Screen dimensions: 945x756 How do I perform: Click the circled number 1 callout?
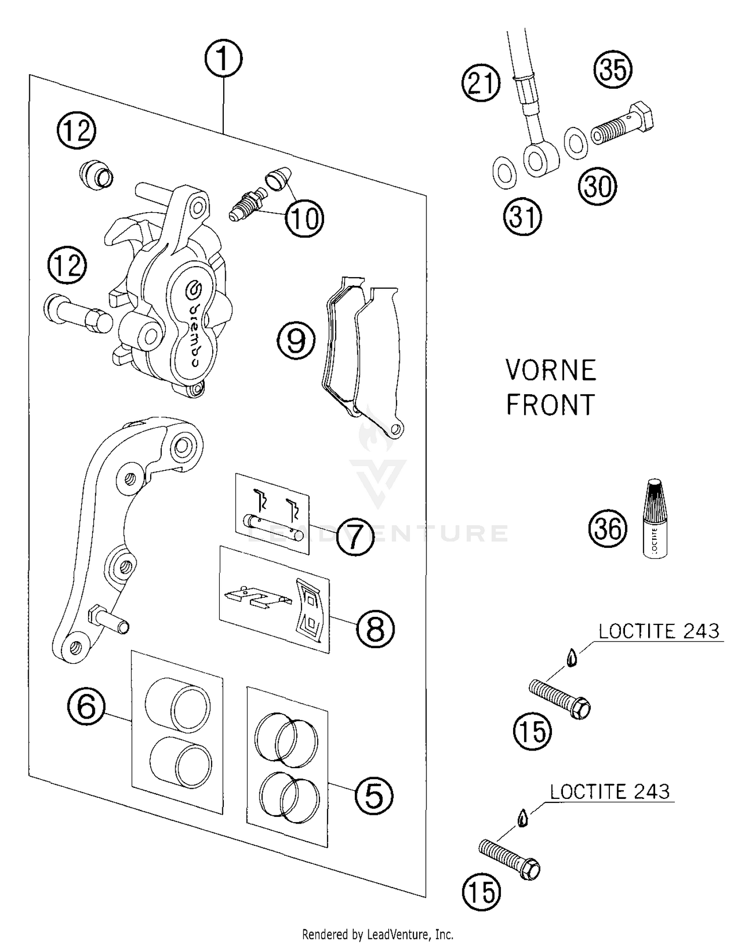coord(223,58)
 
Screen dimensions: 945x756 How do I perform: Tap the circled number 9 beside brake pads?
coord(296,341)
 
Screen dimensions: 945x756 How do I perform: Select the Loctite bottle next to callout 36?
coord(655,519)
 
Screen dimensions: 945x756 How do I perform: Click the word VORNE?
coord(551,370)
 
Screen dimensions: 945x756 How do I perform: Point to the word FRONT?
coord(550,405)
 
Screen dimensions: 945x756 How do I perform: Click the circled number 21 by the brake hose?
coord(481,83)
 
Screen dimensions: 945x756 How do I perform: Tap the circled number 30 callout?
coord(597,186)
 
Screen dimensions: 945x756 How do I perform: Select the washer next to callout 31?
coord(503,173)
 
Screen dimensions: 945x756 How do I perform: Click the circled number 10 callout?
coord(304,218)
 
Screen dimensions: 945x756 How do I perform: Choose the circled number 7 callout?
coord(355,537)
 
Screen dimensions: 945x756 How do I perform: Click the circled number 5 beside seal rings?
coord(373,796)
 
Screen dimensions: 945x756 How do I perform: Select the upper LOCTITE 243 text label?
coord(659,632)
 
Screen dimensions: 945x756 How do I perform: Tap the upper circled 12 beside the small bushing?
coord(76,131)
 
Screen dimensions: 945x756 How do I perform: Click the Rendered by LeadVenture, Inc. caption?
coord(377,934)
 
